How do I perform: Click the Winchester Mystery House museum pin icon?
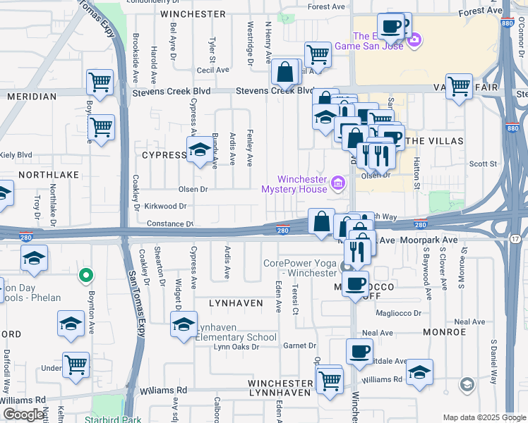pyautogui.click(x=338, y=185)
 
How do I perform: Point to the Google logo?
pyautogui.click(x=24, y=415)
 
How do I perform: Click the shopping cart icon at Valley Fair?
pyautogui.click(x=459, y=85)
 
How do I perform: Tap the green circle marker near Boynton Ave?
pyautogui.click(x=86, y=275)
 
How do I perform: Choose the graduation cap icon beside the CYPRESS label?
pyautogui.click(x=200, y=149)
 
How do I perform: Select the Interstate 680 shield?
pyautogui.click(x=513, y=128)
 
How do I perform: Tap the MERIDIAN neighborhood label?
pyautogui.click(x=31, y=96)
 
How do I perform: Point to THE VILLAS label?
pyautogui.click(x=436, y=141)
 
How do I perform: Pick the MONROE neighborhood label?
pyautogui.click(x=445, y=331)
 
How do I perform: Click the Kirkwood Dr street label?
pyautogui.click(x=164, y=206)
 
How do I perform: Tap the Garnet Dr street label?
pyautogui.click(x=299, y=345)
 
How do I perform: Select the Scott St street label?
pyautogui.click(x=483, y=164)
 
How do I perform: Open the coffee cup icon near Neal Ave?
pyautogui.click(x=359, y=350)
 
